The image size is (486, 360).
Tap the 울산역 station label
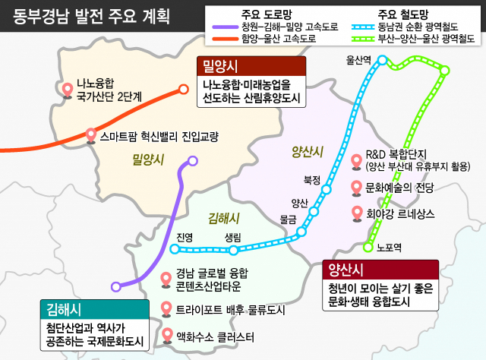click(358, 58)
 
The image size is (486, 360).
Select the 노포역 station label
click(389, 247)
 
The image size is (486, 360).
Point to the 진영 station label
click(185, 238)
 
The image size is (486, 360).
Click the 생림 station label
click(233, 238)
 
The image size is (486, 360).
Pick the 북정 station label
click(312, 180)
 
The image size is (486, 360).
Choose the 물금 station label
click(288, 219)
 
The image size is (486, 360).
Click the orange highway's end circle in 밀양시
click(183, 89)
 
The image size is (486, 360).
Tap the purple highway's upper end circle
click(193, 161)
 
